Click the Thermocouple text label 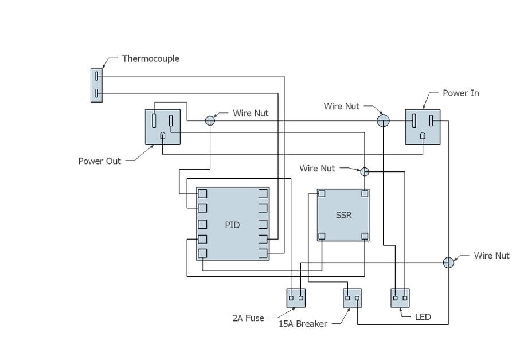tap(150, 58)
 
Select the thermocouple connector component tap(97, 85)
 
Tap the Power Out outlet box tap(162, 127)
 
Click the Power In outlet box tap(423, 127)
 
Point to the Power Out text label tap(99, 161)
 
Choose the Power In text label tap(460, 93)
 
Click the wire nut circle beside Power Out tap(210, 120)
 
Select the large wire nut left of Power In tap(383, 120)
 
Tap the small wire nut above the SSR tap(365, 171)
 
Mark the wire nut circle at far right tap(448, 262)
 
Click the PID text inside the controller tap(232, 225)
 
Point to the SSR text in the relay tap(343, 216)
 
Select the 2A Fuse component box tap(295, 298)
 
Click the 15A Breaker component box tap(352, 298)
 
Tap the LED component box tap(400, 298)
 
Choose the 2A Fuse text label tap(248, 318)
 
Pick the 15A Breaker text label tap(303, 324)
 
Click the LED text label tap(423, 316)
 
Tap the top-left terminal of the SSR tap(322, 194)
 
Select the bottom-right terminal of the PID tap(263, 253)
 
